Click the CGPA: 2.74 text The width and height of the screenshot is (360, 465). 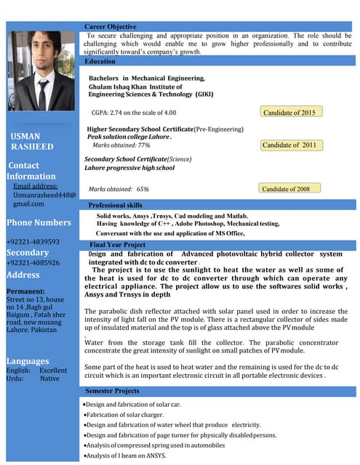point(135,113)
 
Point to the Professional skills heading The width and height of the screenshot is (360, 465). point(116,206)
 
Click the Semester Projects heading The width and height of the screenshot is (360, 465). point(112,391)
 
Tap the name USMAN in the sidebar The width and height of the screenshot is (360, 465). point(25,136)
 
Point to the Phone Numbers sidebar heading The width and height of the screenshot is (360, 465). point(39,222)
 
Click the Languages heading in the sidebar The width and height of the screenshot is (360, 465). point(28,361)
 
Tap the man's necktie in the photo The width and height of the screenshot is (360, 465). point(43,94)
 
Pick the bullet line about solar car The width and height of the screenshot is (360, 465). point(125,403)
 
